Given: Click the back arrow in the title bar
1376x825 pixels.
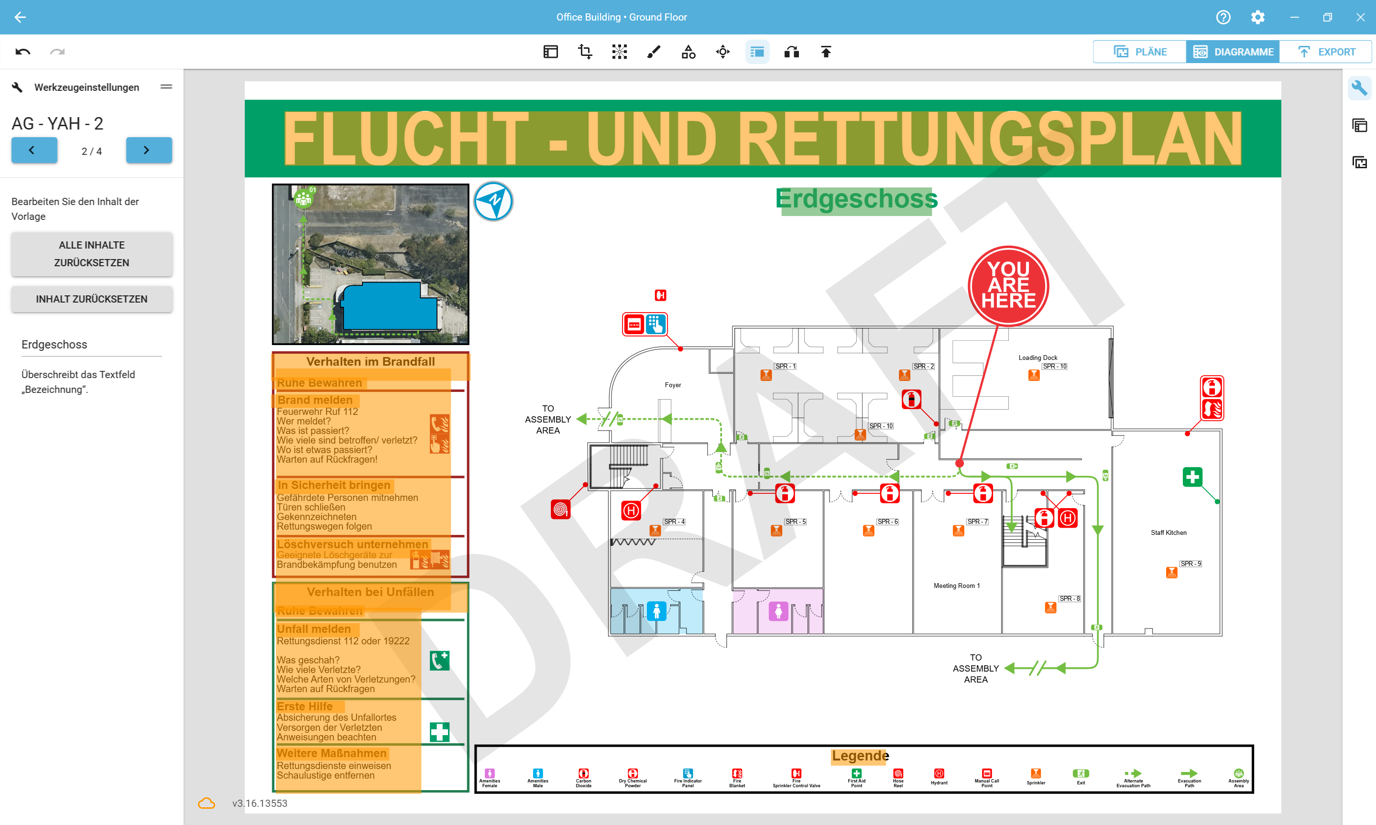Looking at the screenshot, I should [20, 17].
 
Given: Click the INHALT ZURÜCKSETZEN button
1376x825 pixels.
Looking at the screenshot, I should [92, 299].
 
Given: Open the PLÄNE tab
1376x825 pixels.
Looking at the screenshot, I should [1140, 52].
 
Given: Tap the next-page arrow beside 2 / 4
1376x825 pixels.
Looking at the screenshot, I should [148, 150].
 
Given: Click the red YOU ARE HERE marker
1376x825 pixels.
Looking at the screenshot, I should [1008, 286].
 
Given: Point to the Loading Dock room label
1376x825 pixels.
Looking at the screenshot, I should [1037, 358].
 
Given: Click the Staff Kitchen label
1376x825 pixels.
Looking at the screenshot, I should [1168, 532].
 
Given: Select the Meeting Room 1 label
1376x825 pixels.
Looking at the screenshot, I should [956, 586].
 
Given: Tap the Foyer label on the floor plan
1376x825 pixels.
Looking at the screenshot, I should [673, 385].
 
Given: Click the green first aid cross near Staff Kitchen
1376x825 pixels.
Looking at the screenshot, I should [1192, 477].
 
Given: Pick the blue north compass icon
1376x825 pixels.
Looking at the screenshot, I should [493, 201].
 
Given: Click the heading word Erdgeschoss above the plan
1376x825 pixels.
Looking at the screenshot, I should [856, 199].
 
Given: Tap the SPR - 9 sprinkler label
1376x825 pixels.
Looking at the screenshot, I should [1190, 564].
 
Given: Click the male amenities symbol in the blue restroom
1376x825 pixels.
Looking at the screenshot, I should [656, 611].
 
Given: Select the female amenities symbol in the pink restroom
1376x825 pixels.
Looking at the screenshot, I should [778, 611].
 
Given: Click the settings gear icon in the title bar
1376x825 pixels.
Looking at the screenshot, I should [1257, 17].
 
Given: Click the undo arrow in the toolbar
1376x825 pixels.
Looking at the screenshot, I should [23, 52].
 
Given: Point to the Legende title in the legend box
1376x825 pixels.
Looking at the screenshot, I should [860, 756].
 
